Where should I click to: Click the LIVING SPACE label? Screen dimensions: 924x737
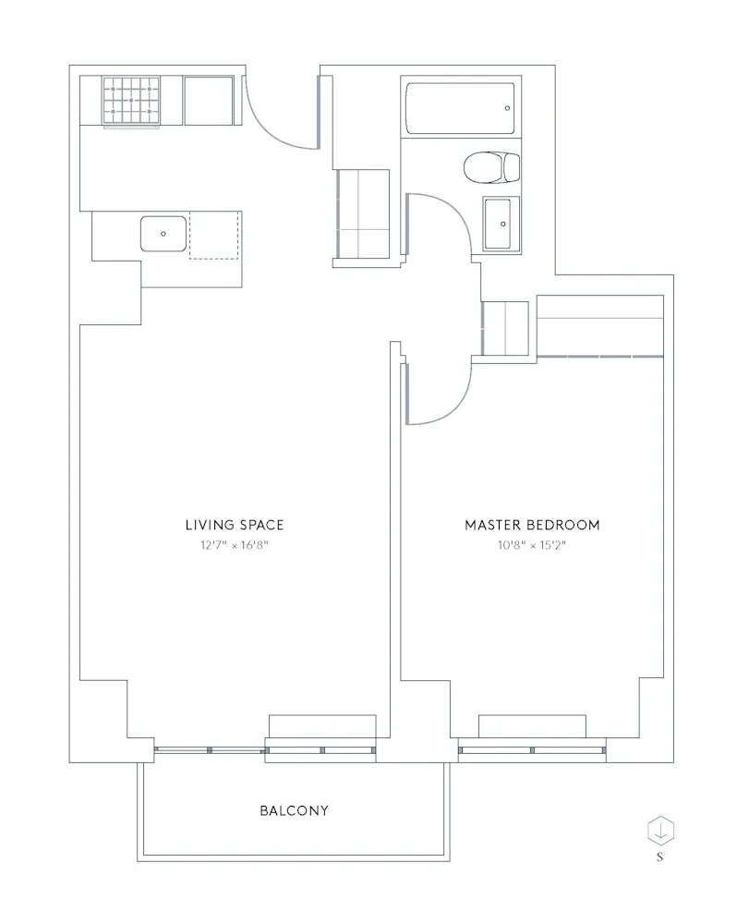(234, 525)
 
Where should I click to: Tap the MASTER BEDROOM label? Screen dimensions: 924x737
(531, 525)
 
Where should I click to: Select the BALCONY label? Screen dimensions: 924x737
(294, 811)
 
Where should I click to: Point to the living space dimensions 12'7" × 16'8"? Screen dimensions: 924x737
(234, 545)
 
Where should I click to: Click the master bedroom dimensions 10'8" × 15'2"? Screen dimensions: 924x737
(531, 545)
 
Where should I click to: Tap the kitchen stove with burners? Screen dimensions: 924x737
(129, 101)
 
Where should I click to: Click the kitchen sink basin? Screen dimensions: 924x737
(163, 233)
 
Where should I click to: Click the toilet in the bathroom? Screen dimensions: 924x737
(489, 167)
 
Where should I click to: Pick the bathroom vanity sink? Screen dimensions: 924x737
(500, 224)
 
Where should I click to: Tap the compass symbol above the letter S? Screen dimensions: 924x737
(660, 829)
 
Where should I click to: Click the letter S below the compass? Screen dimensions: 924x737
(660, 857)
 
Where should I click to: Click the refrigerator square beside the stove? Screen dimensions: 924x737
(210, 100)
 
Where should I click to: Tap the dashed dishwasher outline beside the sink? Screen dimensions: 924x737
(214, 236)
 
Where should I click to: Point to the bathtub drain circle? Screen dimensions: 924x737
(507, 109)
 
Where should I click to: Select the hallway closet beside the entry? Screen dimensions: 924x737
(362, 213)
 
